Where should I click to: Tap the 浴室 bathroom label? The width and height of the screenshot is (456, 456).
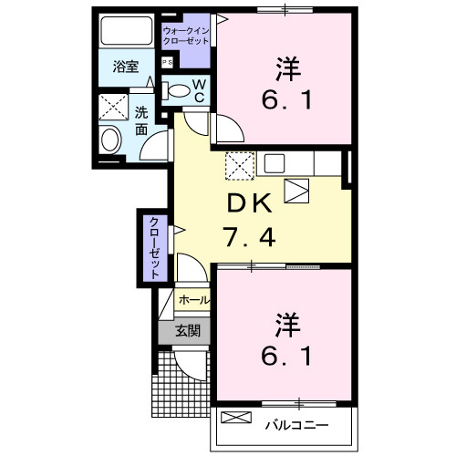(126, 67)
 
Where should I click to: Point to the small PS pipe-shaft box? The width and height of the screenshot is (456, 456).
(167, 62)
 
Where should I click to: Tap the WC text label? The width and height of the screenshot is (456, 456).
(199, 92)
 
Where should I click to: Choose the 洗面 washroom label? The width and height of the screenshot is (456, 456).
(141, 120)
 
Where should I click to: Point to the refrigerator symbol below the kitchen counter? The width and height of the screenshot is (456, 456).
(297, 191)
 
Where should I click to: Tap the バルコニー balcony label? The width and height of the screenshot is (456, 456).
(296, 423)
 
